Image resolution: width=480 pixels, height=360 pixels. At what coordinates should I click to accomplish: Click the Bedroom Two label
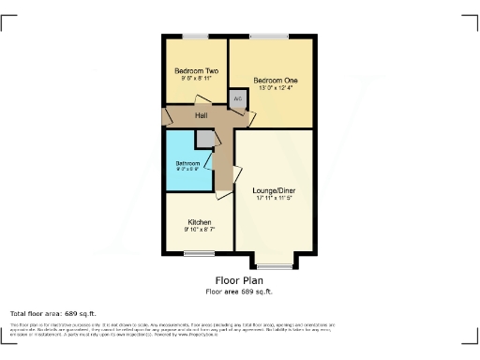pyautogui.click(x=196, y=71)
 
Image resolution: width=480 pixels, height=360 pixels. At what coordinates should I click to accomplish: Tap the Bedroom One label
pyautogui.click(x=276, y=82)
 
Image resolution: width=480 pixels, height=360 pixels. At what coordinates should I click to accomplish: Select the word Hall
pyautogui.click(x=201, y=115)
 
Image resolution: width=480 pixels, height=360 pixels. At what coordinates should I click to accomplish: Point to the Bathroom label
pyautogui.click(x=187, y=164)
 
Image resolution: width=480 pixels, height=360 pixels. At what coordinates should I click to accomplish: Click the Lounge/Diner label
pyautogui.click(x=274, y=190)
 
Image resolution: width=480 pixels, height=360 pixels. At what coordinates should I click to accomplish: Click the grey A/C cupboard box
pyautogui.click(x=237, y=97)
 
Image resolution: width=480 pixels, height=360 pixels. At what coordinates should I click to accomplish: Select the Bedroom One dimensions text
pyautogui.click(x=276, y=90)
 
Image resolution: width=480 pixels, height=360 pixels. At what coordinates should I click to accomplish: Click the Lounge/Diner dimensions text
pyautogui.click(x=274, y=199)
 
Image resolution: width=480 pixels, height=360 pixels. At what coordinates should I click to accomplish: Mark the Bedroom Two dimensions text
pyautogui.click(x=196, y=80)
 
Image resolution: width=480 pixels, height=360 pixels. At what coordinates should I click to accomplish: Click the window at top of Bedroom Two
pyautogui.click(x=196, y=37)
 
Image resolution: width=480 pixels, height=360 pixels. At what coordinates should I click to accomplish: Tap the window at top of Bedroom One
pyautogui.click(x=269, y=37)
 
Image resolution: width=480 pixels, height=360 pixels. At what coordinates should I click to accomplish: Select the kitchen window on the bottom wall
pyautogui.click(x=199, y=254)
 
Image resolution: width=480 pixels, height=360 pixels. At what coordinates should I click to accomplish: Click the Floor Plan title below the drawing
pyautogui.click(x=239, y=280)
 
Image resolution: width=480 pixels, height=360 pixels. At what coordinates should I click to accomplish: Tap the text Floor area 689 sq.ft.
pyautogui.click(x=239, y=292)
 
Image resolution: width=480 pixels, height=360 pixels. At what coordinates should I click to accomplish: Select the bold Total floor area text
pyautogui.click(x=52, y=313)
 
